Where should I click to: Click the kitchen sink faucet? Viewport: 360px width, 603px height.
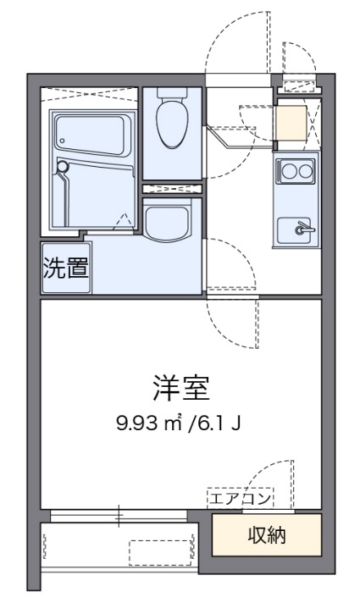click(x=301, y=228)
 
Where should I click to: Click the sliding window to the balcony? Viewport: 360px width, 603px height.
click(x=119, y=514)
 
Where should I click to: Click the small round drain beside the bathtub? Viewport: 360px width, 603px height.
click(x=61, y=168)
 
